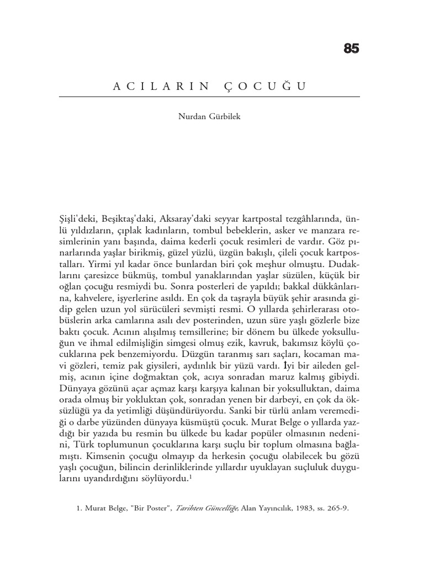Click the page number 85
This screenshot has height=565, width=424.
[351, 49]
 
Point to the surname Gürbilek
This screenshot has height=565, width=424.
[225, 118]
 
